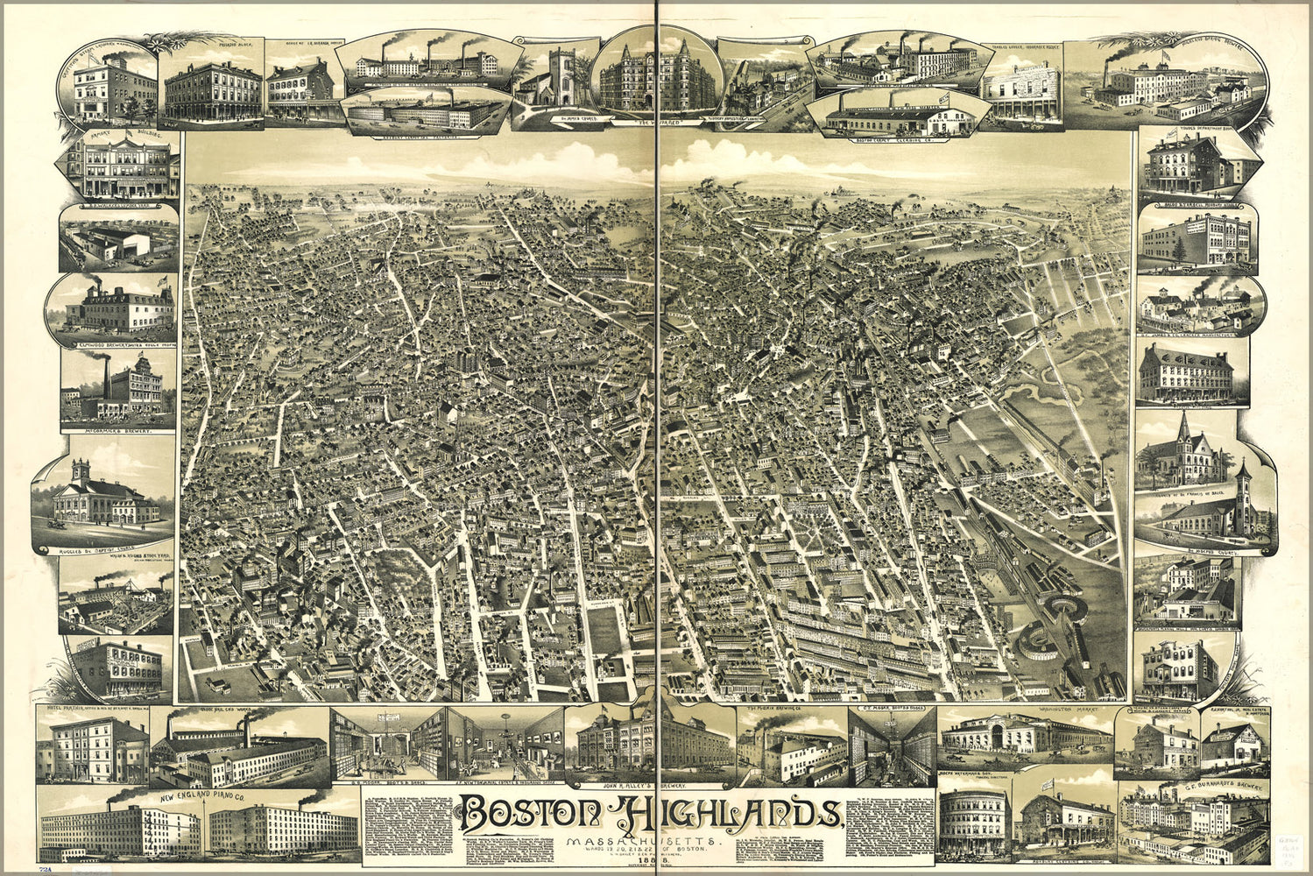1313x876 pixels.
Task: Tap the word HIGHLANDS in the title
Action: click(x=731, y=816)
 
